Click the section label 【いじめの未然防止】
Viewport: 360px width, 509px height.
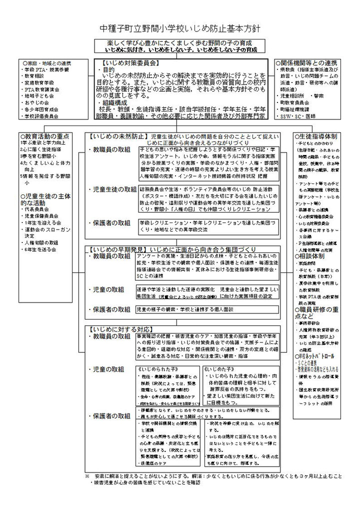coord(117,136)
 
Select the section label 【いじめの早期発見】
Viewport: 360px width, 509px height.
coord(117,248)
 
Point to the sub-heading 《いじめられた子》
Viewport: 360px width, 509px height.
coord(154,368)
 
